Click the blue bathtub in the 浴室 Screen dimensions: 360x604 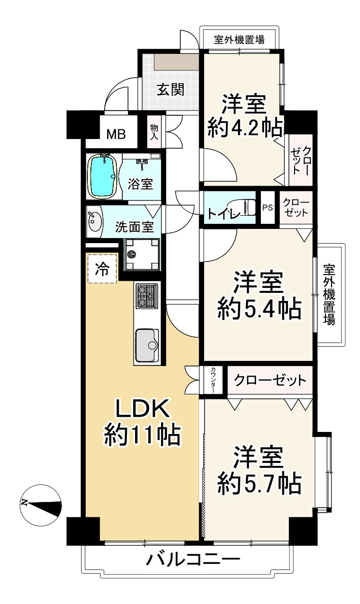(x=102, y=176)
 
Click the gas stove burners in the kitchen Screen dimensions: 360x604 (x=146, y=296)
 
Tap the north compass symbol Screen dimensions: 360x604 (x=41, y=505)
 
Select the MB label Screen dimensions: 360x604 (x=116, y=135)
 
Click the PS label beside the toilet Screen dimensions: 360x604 (x=268, y=208)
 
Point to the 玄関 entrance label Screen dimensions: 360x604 (x=171, y=89)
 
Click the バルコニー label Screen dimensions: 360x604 (x=193, y=558)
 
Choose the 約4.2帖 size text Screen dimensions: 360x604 (x=244, y=127)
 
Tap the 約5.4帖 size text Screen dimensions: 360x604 (x=259, y=309)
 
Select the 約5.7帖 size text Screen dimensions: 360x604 (x=259, y=484)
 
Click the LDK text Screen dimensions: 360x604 (x=143, y=409)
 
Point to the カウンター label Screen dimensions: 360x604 (x=213, y=380)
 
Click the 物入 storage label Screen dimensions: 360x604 (x=154, y=131)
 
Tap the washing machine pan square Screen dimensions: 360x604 (x=141, y=255)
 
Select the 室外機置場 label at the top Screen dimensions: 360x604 (x=239, y=40)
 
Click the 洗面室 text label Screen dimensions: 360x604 (x=135, y=227)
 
